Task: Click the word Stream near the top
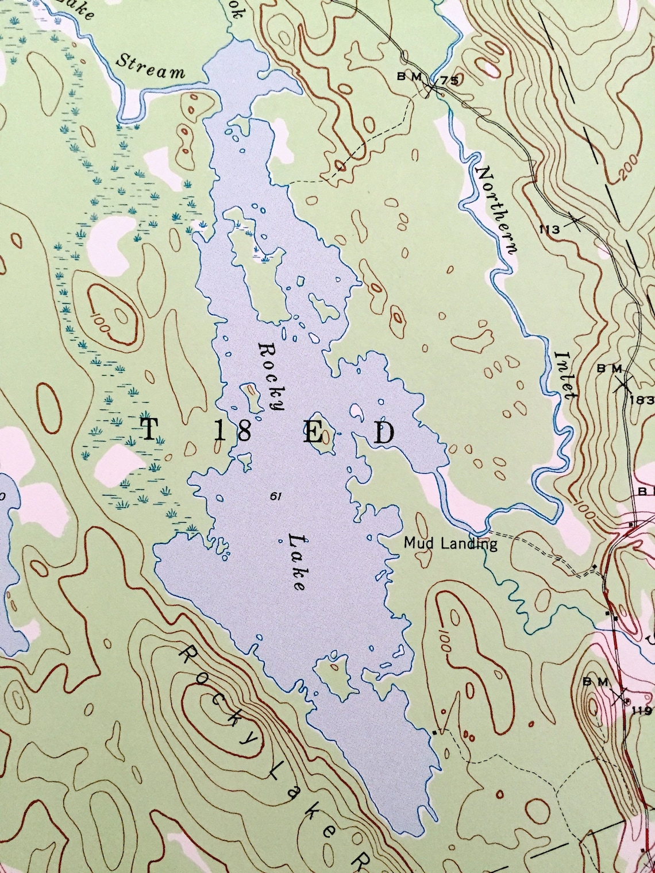151,66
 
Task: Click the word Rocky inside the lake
272,376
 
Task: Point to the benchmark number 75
450,80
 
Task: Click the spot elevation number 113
549,230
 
